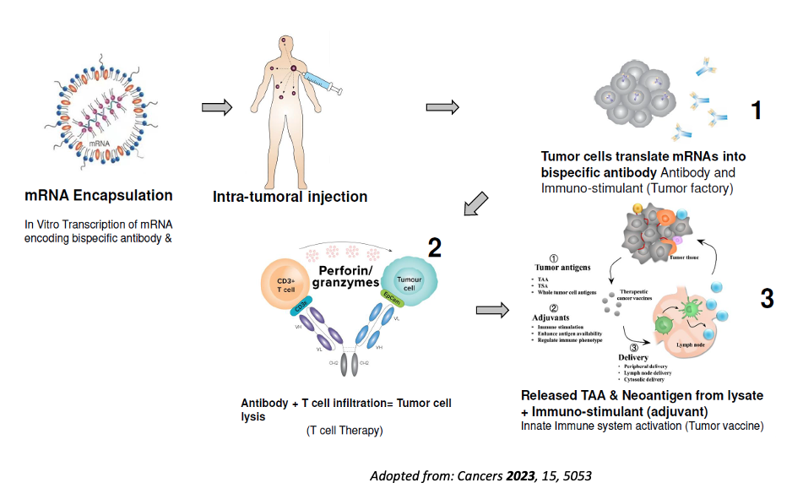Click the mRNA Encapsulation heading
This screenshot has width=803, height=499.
(100, 196)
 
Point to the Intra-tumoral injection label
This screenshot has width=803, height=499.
(290, 197)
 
